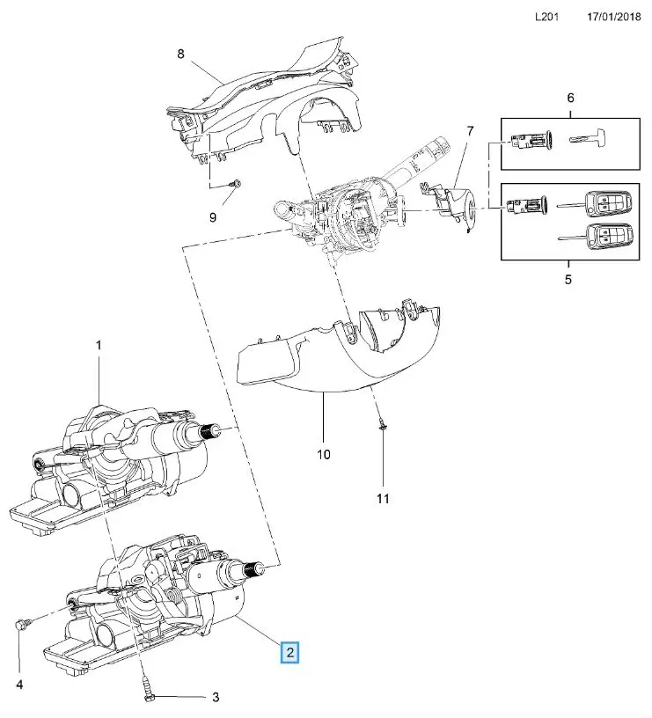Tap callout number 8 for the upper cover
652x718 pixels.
point(181,54)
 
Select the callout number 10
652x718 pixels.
point(323,454)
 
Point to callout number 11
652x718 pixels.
point(382,499)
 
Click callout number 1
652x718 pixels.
point(99,346)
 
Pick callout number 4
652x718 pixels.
point(20,684)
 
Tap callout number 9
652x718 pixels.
point(211,216)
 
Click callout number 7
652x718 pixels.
point(470,131)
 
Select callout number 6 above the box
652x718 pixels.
point(570,98)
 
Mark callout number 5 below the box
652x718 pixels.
point(568,280)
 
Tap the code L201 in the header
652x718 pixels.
point(546,17)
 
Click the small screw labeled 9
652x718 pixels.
point(237,183)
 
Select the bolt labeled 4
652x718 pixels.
point(21,625)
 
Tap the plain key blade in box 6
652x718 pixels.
point(587,140)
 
